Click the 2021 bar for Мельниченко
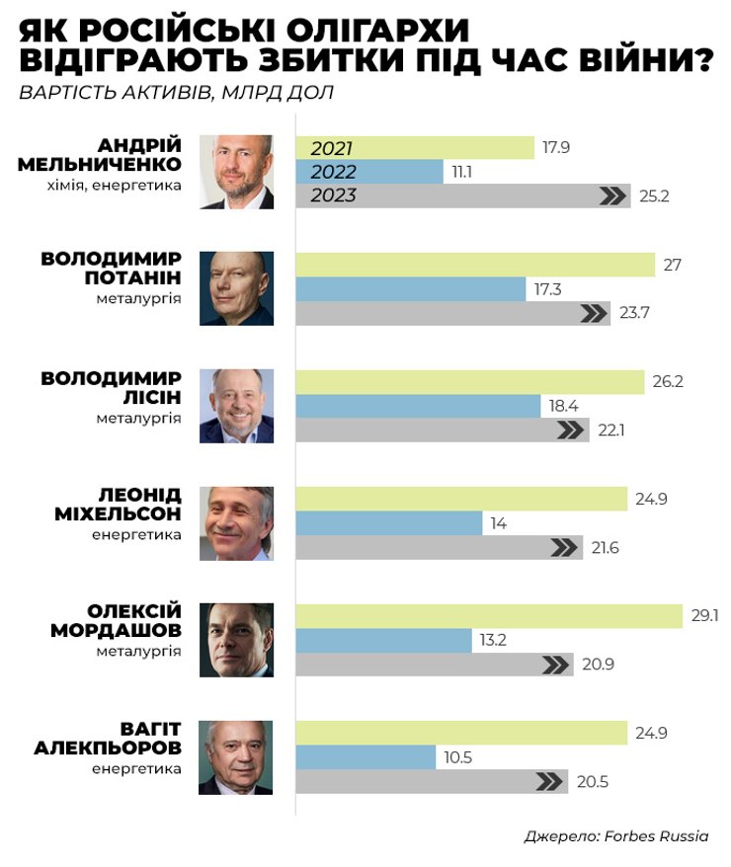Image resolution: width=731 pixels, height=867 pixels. click(x=415, y=148)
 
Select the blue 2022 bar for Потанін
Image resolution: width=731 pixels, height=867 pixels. click(x=410, y=289)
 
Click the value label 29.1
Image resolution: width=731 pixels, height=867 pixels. click(x=704, y=616)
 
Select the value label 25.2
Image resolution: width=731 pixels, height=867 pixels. click(x=654, y=196)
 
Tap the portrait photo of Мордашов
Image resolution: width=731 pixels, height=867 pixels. click(x=236, y=640)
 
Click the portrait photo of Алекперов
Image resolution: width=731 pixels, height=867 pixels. click(x=236, y=757)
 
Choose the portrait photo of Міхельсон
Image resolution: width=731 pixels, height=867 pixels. click(x=236, y=523)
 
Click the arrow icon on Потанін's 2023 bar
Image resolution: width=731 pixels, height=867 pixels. click(x=594, y=314)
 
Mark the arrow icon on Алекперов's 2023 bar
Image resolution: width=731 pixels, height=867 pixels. click(x=549, y=782)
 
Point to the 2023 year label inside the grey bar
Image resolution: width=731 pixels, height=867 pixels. click(x=333, y=196)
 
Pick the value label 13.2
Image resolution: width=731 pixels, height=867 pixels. click(x=493, y=640)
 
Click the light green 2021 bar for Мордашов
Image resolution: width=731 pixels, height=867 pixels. click(x=489, y=616)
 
